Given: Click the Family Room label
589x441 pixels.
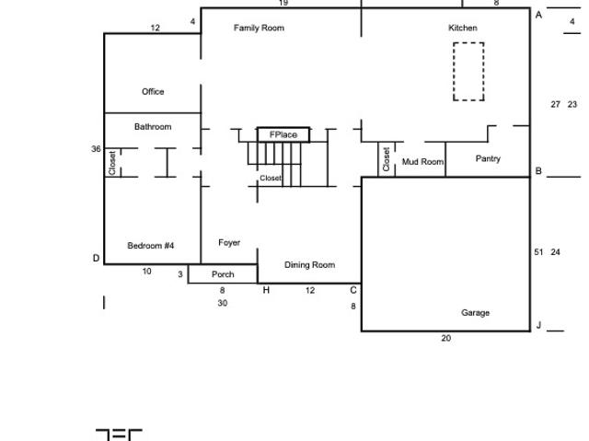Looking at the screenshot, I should point(259,28).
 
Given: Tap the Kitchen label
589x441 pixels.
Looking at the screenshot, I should point(463,28).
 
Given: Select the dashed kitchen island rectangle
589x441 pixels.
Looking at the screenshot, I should point(468,72).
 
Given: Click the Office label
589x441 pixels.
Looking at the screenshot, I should point(153,92).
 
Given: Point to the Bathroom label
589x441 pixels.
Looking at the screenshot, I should point(153,127).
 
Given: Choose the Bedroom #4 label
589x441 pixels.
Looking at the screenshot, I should point(151,246).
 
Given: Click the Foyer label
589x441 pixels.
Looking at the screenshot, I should point(229,243).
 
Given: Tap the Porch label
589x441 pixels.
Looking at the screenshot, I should point(223,274).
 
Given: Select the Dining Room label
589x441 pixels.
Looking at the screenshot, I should point(309,265).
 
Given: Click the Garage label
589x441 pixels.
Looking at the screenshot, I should point(475,313).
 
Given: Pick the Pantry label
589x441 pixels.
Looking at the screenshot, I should point(488,159).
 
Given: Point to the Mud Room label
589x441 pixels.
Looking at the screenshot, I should point(422,162).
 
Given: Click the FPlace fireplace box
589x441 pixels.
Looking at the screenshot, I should point(283,135).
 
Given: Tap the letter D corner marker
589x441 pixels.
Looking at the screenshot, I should point(96,259).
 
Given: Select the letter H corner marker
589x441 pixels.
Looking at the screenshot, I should point(267,290).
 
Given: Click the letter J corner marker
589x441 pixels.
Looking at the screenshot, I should point(538,325).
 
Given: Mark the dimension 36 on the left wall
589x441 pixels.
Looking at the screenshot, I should point(96,149).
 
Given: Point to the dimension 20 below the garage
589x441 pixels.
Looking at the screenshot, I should point(446,339).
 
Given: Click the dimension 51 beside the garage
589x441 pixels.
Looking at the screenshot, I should point(538,251).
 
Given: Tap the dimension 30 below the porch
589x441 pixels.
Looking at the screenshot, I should point(223,303).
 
